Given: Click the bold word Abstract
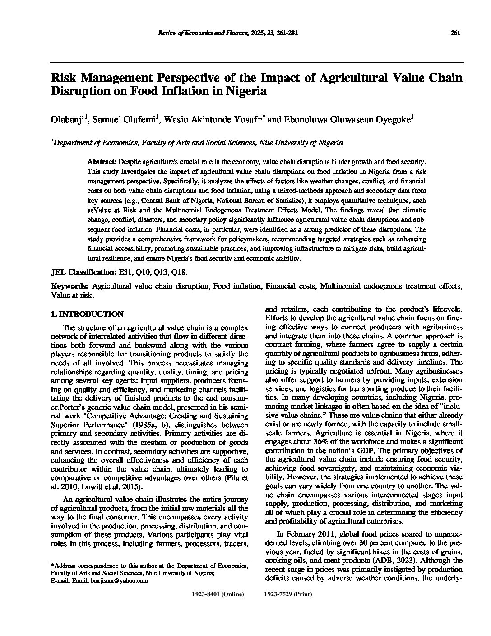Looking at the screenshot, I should pyautogui.click(x=102, y=161).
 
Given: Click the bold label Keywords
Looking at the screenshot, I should pyautogui.click(x=70, y=286).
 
